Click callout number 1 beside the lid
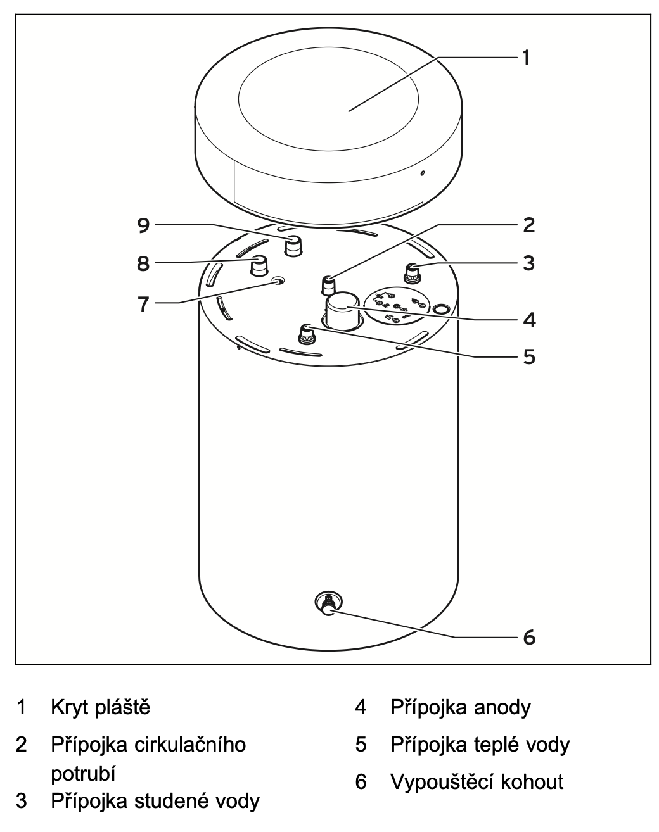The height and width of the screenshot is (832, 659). pos(525,58)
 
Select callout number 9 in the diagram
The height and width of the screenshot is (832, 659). pos(144,225)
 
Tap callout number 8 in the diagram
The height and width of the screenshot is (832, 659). pos(144,263)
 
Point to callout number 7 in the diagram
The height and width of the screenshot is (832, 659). pos(144,304)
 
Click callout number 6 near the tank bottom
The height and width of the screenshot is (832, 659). pos(530,636)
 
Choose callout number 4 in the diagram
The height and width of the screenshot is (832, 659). pos(530,320)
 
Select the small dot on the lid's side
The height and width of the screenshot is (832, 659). pos(423,172)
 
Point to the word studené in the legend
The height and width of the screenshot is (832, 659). pos(172,801)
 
